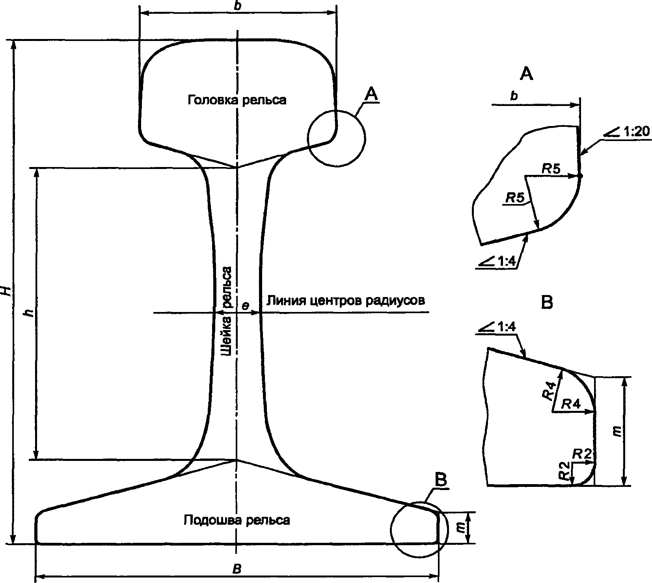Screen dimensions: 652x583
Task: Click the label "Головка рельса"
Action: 237,100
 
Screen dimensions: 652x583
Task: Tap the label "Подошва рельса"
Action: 237,520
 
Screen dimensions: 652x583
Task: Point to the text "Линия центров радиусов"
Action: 346,301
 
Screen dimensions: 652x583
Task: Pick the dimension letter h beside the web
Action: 27,313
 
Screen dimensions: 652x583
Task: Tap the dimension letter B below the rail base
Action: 237,570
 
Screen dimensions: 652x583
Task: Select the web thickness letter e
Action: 245,306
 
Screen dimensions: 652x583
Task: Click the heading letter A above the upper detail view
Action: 527,74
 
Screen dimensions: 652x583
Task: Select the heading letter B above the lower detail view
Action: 547,303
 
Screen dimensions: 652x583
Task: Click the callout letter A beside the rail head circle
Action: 372,94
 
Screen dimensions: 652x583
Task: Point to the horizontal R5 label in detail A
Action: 551,169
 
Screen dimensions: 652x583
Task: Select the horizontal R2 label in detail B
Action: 581,454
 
